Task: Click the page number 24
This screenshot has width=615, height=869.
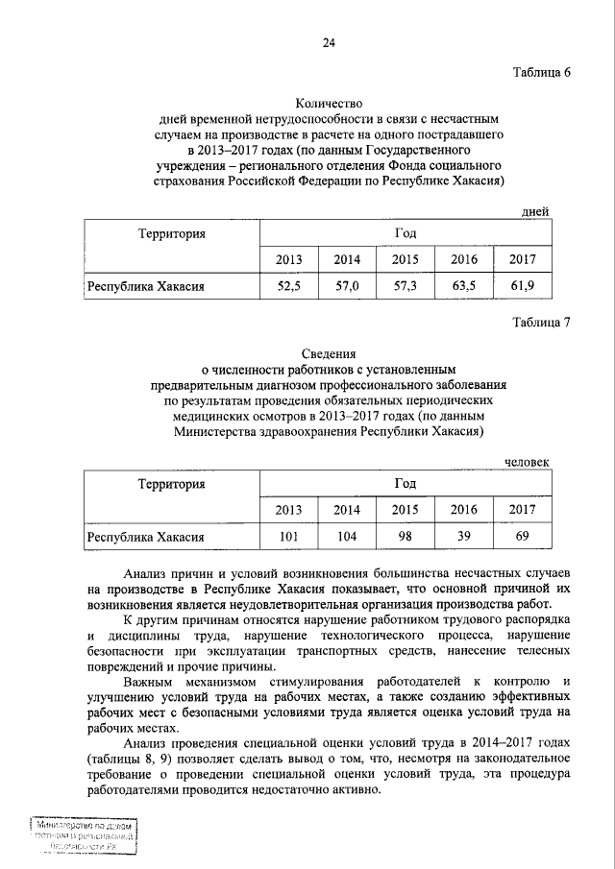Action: coord(329,43)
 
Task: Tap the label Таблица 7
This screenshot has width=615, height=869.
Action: coord(539,323)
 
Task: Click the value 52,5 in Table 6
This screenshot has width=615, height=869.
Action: coord(289,286)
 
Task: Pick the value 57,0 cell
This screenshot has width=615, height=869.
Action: coord(347,286)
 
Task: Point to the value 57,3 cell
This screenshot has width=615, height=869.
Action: coord(405,286)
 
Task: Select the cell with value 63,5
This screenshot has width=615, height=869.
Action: coord(464,286)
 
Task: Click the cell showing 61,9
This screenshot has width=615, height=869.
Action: coord(523,286)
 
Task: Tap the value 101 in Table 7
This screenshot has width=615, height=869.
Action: coord(289,536)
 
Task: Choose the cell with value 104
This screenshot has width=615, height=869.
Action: coord(347,536)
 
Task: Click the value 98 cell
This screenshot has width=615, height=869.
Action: coord(405,536)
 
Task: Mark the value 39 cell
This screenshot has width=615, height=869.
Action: coord(464,536)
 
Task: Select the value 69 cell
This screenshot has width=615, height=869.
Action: coord(523,536)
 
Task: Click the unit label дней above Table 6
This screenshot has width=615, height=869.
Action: coord(534,212)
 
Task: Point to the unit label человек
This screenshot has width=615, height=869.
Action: coord(528,462)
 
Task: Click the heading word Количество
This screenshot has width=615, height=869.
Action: coord(329,105)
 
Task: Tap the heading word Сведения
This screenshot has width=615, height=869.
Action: coord(329,353)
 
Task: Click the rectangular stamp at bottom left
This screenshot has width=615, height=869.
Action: coord(81,835)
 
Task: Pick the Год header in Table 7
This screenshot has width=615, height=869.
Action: coord(405,483)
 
